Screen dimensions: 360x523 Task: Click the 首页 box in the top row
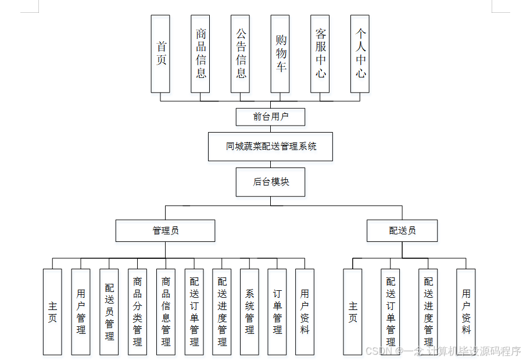tap(160, 54)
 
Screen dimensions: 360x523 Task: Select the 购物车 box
tap(280, 54)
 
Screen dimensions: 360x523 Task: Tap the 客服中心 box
tap(320, 54)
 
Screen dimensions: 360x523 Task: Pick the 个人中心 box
tap(360, 54)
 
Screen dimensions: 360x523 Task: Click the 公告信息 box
tap(240, 54)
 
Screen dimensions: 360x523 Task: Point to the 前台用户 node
tap(270, 116)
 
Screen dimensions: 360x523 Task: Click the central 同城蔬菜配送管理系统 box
tap(270, 147)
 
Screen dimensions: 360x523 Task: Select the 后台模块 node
tap(270, 181)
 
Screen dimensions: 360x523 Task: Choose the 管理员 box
tap(165, 230)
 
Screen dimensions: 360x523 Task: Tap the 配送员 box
tap(402, 230)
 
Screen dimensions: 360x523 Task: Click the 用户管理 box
tap(81, 312)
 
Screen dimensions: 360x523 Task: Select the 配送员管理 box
tap(109, 312)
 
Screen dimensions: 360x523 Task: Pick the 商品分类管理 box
tap(137, 312)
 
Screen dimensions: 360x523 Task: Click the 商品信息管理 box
tap(166, 312)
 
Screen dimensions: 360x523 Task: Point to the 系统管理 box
tap(249, 312)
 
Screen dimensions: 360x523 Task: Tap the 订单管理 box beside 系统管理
tap(277, 312)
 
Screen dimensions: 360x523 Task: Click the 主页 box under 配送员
tap(353, 312)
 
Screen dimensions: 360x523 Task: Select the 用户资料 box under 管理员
tap(305, 312)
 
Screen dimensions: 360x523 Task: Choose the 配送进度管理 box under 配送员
tap(428, 312)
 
